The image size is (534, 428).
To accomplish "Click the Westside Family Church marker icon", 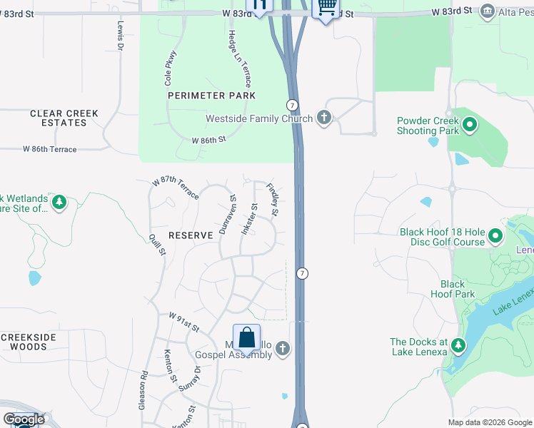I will pyautogui.click(x=324, y=118).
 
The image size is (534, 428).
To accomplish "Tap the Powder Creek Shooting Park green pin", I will pyautogui.click(x=470, y=126).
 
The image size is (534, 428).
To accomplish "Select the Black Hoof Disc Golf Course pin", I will pyautogui.click(x=495, y=236).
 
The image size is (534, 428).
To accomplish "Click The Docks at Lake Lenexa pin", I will pyautogui.click(x=458, y=347).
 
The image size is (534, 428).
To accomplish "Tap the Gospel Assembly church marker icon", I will pyautogui.click(x=283, y=349).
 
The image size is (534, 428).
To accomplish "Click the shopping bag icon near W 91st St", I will pyautogui.click(x=247, y=337).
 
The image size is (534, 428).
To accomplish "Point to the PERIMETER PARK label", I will pyautogui.click(x=211, y=96).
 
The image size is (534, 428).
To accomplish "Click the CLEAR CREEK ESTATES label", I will pyautogui.click(x=64, y=118).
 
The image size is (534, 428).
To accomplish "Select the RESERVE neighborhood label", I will pyautogui.click(x=191, y=235).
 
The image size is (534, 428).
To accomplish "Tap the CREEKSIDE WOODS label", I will pyautogui.click(x=24, y=342).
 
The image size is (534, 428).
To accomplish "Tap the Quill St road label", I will pyautogui.click(x=158, y=243).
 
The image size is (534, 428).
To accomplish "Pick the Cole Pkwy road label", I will pyautogui.click(x=172, y=69).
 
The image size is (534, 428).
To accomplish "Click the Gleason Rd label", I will pyautogui.click(x=143, y=390).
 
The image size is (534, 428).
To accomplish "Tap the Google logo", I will pyautogui.click(x=24, y=419).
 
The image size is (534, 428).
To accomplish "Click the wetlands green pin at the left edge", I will pyautogui.click(x=59, y=203).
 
